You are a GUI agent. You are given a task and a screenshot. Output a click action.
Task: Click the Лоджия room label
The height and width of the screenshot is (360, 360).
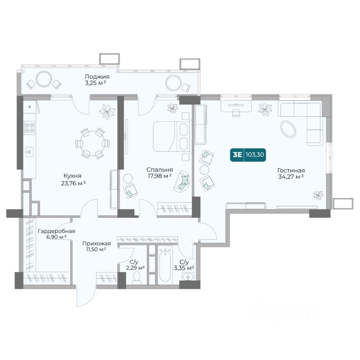coord(97,76)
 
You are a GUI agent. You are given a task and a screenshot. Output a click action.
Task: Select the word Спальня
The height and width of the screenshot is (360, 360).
coord(160,170)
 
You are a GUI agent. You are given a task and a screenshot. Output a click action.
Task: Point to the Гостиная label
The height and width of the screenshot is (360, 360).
coord(291,171)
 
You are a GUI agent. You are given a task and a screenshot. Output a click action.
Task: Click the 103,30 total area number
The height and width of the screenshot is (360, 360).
coord(255,155)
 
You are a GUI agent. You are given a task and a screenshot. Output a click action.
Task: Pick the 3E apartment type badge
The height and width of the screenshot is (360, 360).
coord(237,155)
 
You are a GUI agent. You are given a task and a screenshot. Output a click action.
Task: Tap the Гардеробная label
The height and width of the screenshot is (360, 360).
coord(57,231)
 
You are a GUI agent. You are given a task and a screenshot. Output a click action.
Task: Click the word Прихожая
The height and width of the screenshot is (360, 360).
coord(97,243)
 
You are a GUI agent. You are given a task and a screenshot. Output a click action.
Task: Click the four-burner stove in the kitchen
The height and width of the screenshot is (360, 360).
coord(29,128)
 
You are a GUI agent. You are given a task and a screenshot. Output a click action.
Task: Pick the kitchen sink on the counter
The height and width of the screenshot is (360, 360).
coord(29,152)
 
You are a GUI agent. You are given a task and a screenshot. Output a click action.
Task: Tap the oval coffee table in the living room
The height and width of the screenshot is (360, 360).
coord(289,129)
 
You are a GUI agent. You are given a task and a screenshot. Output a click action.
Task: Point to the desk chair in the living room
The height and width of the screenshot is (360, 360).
coord(236,112)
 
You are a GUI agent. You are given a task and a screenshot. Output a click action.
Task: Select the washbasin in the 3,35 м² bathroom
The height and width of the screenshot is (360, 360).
coord(188,277)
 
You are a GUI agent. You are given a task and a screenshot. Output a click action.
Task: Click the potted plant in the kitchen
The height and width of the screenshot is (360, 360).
coord(107,112)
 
